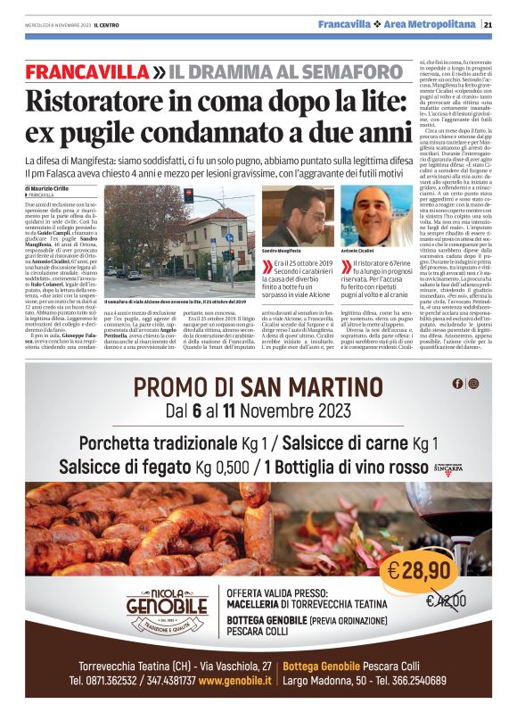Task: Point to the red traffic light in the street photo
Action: (x=188, y=195)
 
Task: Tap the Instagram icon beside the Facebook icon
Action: (x=472, y=384)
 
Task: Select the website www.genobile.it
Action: (x=235, y=680)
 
